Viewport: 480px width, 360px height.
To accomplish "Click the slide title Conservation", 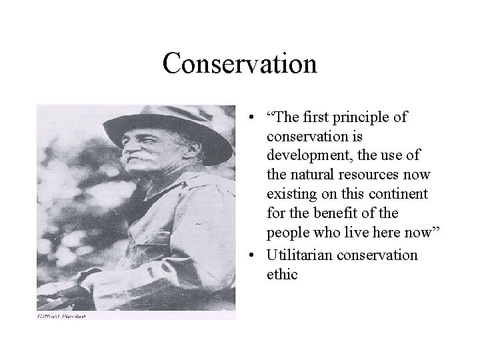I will (239, 64).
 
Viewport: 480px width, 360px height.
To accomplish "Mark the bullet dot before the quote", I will (247, 118).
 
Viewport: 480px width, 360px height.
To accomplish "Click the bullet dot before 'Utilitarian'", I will (247, 256).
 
